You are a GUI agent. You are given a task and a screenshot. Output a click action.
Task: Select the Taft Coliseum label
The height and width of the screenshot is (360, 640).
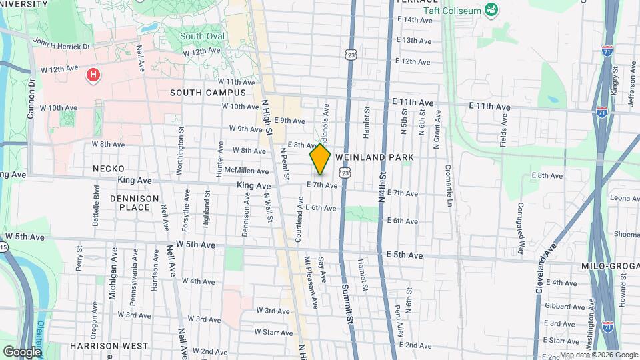tap(452, 10)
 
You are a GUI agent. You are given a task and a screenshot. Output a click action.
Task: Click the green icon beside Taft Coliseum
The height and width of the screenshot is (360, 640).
tap(491, 9)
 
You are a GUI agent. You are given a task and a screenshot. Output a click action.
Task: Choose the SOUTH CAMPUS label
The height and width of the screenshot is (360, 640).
tap(207, 93)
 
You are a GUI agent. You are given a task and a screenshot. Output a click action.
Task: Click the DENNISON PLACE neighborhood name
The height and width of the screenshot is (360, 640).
tap(135, 203)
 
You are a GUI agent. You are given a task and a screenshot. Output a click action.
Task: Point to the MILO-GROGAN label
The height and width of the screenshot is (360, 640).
tap(613, 265)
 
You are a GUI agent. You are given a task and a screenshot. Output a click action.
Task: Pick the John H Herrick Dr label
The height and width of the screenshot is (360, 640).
tap(61, 45)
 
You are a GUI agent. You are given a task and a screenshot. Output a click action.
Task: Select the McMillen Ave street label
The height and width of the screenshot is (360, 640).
tap(246, 171)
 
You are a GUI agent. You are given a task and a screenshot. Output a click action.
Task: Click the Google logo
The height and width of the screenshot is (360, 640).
tap(22, 351)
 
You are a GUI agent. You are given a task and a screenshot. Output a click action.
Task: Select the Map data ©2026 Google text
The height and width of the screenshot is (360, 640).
tap(598, 355)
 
